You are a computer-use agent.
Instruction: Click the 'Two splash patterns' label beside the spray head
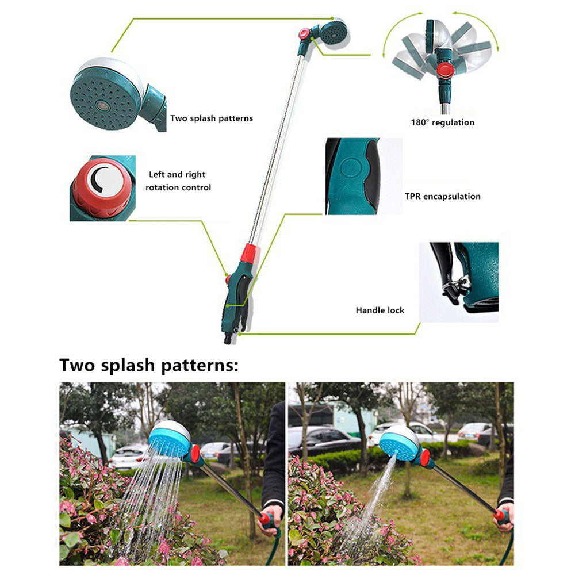click(212, 118)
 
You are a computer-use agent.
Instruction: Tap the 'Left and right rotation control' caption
click(178, 181)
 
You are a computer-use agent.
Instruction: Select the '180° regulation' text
click(443, 122)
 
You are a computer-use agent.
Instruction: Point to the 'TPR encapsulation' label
click(443, 196)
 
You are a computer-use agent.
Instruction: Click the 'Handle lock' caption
click(380, 310)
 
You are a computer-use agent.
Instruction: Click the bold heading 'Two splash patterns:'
click(149, 365)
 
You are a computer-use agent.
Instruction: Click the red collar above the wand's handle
click(251, 254)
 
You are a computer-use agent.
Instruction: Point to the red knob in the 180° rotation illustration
click(445, 70)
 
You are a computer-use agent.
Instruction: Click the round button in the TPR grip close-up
click(351, 168)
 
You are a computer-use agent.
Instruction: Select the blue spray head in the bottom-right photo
click(399, 443)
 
